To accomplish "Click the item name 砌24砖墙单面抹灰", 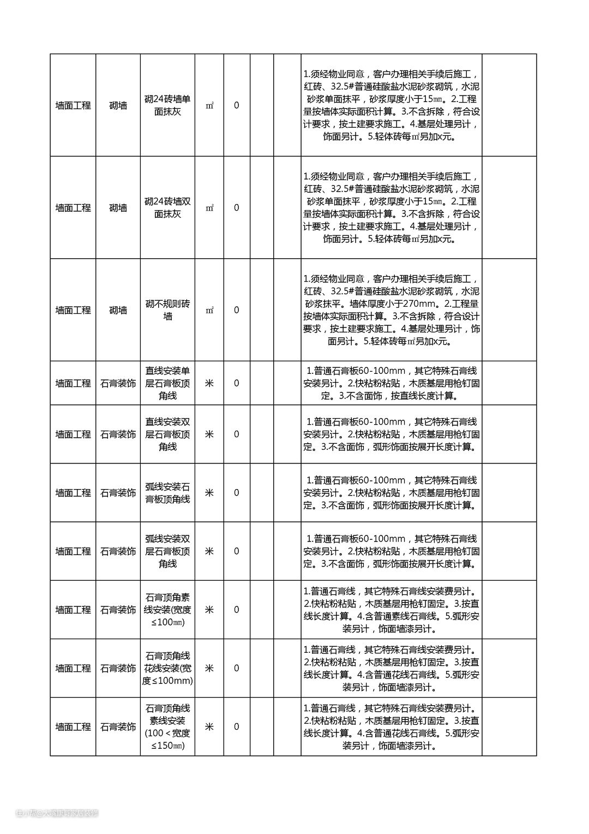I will (x=167, y=105).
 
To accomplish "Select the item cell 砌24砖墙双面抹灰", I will (x=167, y=208).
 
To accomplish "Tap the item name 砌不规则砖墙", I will (x=167, y=310).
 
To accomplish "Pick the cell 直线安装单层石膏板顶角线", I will (x=167, y=383).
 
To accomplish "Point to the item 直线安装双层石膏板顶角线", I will (x=167, y=434).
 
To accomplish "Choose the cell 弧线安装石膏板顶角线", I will (x=167, y=493).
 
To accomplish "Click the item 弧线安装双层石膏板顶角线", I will (x=167, y=551).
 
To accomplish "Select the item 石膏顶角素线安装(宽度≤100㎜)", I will (x=167, y=610).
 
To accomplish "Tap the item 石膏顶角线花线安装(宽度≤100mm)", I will (x=167, y=668).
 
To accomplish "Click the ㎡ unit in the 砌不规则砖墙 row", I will (x=209, y=310).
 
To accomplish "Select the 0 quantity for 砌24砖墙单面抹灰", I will (x=236, y=105).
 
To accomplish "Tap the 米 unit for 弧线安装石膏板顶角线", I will (x=209, y=493).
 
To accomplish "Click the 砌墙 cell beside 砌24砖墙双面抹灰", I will (x=118, y=208).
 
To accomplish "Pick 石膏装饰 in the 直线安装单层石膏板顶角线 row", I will (x=118, y=383).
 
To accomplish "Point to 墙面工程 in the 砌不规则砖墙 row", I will (x=73, y=310).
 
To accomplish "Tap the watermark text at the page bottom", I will (x=57, y=813).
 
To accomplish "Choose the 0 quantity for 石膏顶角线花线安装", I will (x=236, y=668).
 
